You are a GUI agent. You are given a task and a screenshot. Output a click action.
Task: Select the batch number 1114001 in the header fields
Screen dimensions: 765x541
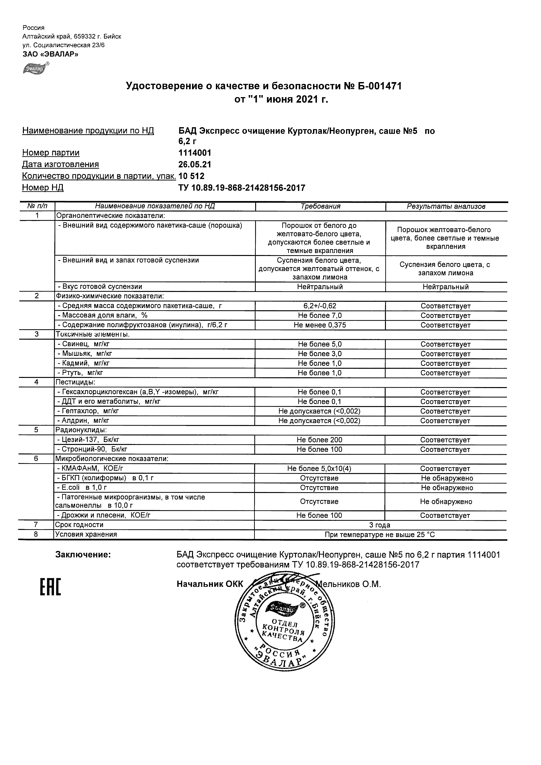[195, 153]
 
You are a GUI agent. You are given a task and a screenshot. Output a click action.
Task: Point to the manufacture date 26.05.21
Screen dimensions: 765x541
[195, 164]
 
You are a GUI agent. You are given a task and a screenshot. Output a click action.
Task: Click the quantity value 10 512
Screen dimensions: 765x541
[191, 176]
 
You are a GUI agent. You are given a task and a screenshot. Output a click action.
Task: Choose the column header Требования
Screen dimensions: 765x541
[320, 206]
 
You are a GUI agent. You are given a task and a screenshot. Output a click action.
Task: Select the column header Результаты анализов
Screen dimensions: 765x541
[446, 206]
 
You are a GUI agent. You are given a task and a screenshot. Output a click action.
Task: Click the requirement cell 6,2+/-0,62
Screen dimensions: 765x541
[320, 306]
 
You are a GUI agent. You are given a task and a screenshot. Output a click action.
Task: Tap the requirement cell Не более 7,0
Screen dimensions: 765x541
[320, 315]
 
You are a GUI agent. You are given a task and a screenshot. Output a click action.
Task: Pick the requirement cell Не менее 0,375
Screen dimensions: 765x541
[320, 325]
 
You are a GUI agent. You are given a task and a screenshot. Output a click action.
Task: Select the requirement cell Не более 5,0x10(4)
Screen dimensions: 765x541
[319, 468]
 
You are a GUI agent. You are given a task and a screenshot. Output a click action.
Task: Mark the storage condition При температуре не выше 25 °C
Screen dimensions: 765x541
[380, 535]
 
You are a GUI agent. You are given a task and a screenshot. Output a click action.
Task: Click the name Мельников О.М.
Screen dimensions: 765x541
[348, 584]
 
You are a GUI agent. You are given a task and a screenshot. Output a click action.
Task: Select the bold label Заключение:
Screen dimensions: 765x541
[83, 555]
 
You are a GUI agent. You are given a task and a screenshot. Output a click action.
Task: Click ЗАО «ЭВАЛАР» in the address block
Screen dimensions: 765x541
[50, 54]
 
